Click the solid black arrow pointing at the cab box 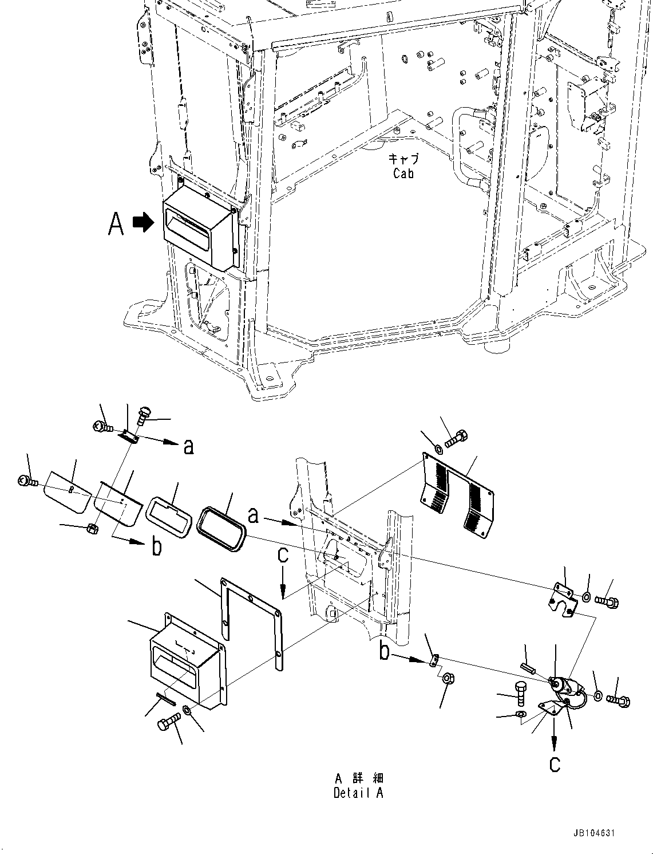pos(143,223)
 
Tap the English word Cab pos(403,174)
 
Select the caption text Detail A pos(358,793)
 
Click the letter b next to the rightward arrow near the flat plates pos(156,546)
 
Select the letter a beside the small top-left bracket pos(188,446)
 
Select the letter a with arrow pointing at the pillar pos(254,516)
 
